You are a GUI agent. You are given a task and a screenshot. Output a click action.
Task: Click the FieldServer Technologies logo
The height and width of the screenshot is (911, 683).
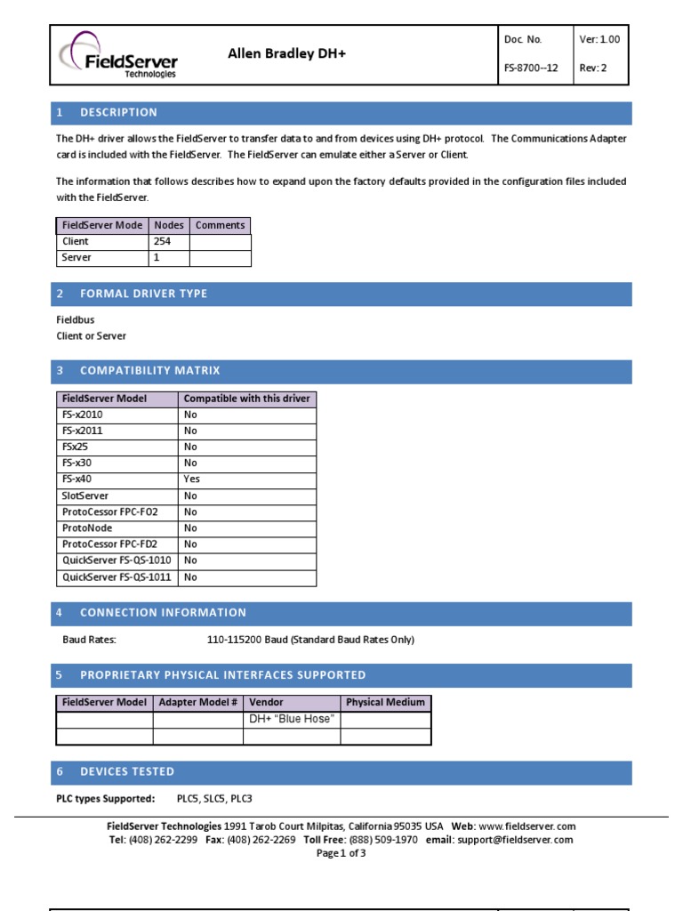coord(118,55)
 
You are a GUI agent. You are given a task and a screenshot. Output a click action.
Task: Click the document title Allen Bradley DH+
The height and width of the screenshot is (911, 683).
coord(286,54)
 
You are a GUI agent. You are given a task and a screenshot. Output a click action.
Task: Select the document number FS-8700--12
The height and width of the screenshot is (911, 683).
coord(531,68)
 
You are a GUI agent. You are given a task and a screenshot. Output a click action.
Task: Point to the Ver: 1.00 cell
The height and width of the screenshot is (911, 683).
coord(600,39)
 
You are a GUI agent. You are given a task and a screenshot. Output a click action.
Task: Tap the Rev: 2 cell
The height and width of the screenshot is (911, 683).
coord(593,68)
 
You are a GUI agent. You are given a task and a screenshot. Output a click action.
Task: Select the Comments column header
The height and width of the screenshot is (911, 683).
coord(220,225)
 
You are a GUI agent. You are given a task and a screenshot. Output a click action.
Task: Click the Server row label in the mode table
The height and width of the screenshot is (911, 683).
coord(76,257)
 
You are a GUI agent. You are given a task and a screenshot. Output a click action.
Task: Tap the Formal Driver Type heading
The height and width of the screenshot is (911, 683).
coord(144,294)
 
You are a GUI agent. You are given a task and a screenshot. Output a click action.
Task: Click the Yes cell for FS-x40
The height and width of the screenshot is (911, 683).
coord(192,479)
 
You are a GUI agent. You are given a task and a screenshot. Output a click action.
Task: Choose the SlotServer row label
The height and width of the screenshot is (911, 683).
coord(85,496)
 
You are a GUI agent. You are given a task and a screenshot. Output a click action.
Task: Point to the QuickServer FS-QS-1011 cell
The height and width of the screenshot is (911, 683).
coord(117,577)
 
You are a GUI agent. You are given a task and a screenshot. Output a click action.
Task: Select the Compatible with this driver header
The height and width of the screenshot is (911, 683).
coord(246,399)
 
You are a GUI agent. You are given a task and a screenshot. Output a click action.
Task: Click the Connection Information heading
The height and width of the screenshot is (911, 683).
coord(163,612)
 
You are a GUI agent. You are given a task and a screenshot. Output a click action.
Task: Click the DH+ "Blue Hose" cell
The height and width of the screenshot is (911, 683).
coord(292,719)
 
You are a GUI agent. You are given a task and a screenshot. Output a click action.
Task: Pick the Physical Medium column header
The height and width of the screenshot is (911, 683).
coord(385,702)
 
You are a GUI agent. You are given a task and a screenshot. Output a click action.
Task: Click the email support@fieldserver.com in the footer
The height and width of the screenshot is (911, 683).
coord(515,839)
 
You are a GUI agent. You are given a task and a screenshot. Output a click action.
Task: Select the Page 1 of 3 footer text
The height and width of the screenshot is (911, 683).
coord(341,853)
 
